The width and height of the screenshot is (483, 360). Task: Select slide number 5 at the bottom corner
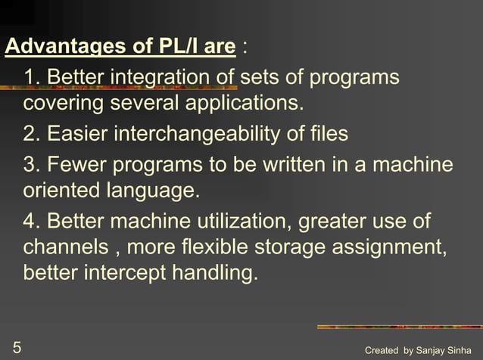tap(17, 348)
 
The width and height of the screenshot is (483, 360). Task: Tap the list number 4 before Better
tap(31, 222)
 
